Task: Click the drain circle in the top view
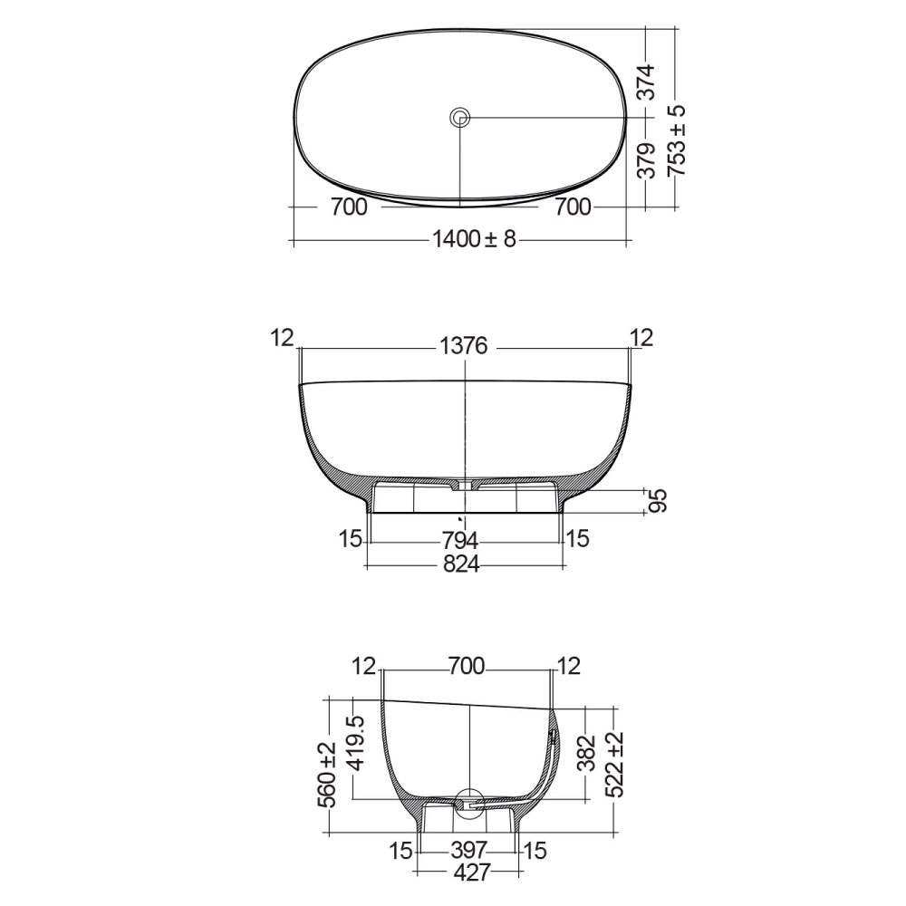[x=460, y=117]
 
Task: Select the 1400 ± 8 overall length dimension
[x=474, y=240]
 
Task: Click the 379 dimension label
[x=644, y=162]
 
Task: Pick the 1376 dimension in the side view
[x=463, y=346]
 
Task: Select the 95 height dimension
[x=659, y=501]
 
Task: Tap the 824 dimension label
[x=462, y=566]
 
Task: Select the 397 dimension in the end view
[x=469, y=851]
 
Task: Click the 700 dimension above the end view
[x=467, y=668]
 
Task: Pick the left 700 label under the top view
[x=349, y=207]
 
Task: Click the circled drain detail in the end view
[x=469, y=803]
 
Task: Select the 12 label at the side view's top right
[x=641, y=338]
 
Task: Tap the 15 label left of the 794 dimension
[x=352, y=539]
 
